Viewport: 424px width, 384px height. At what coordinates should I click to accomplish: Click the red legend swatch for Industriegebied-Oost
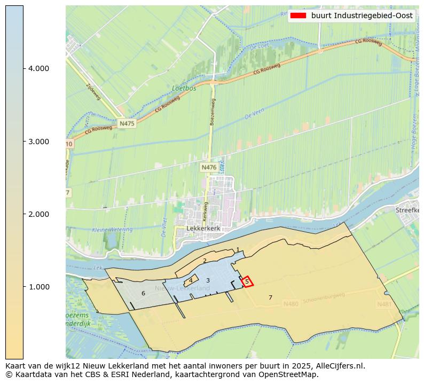tap(298, 16)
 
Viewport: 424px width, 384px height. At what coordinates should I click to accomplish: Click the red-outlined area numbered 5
tap(247, 281)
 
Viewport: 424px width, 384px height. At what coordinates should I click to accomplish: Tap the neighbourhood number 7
tap(270, 297)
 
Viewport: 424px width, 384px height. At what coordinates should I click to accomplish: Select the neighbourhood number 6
tap(143, 293)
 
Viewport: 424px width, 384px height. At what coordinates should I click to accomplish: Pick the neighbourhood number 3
tap(208, 280)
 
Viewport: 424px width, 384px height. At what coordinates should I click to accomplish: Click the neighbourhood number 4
tap(191, 280)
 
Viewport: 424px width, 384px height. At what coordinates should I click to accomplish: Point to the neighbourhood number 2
tap(205, 261)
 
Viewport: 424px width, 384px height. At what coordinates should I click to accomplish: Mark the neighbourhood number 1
tap(238, 249)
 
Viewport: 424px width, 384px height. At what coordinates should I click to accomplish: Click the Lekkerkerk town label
tap(203, 228)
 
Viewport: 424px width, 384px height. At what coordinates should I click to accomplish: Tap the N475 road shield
tap(127, 123)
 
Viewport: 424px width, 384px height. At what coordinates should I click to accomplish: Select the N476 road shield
tap(209, 168)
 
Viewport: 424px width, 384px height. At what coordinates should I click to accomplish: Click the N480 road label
tap(291, 304)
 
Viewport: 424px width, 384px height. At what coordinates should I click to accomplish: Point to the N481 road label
tap(384, 304)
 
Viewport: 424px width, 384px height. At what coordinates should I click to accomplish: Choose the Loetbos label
tap(184, 88)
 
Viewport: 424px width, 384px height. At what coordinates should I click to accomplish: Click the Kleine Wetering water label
tap(112, 230)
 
